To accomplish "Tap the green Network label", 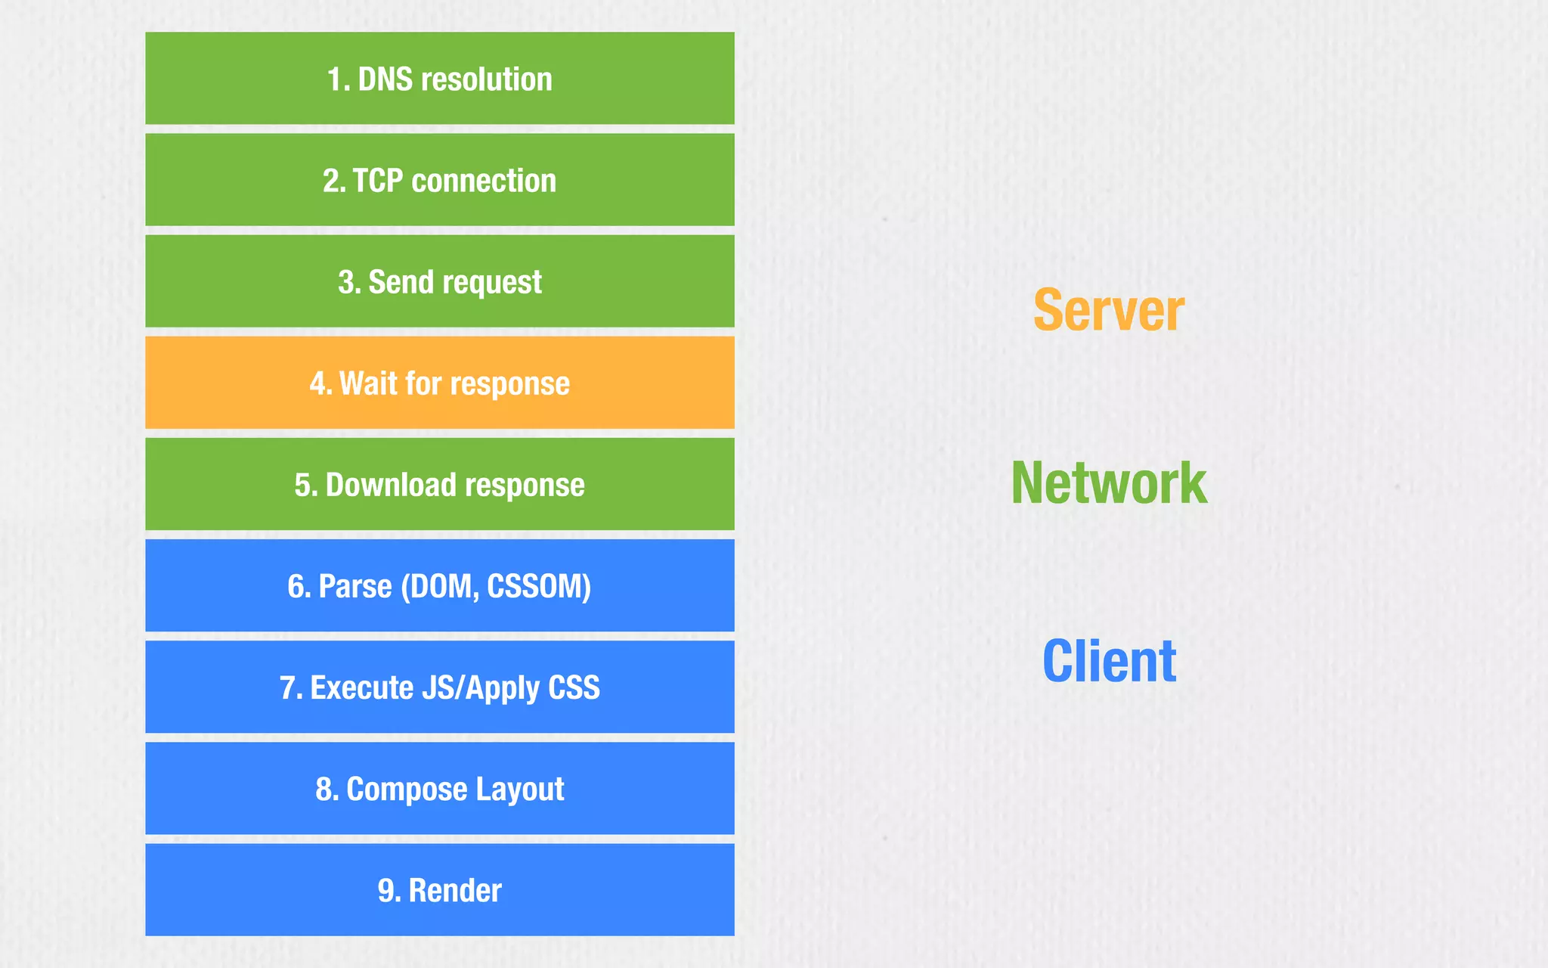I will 1109,483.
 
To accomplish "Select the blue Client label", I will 1109,661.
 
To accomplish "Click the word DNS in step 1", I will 385,79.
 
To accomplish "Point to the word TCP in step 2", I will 378,181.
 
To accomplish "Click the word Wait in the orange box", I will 368,383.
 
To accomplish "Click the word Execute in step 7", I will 361,687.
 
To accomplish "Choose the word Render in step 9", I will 455,890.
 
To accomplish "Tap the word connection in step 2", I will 484,181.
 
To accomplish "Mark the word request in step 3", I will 497,282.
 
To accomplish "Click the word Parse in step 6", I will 355,586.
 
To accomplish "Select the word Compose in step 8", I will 407,789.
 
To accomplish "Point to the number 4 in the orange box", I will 317,383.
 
